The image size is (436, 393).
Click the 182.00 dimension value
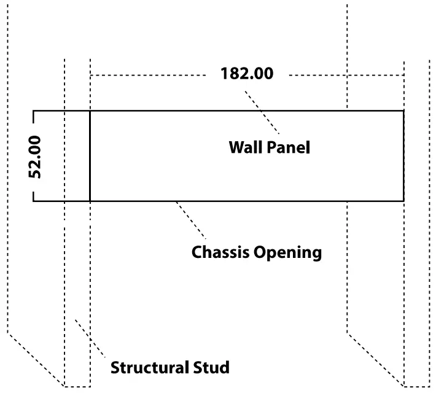(246, 74)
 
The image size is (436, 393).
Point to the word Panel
(289, 148)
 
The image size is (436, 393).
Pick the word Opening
(288, 252)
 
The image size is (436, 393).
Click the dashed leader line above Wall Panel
(262, 112)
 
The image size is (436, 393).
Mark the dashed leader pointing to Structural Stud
(90, 338)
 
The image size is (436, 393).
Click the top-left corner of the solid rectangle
(33, 111)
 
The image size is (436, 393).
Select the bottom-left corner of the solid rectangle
(33, 201)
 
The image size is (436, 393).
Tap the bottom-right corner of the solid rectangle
(403, 201)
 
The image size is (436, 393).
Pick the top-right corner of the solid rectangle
(403, 111)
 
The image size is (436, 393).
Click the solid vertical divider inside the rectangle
(90, 156)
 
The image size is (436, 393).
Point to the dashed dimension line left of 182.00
(147, 75)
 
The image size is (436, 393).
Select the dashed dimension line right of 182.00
(346, 75)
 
